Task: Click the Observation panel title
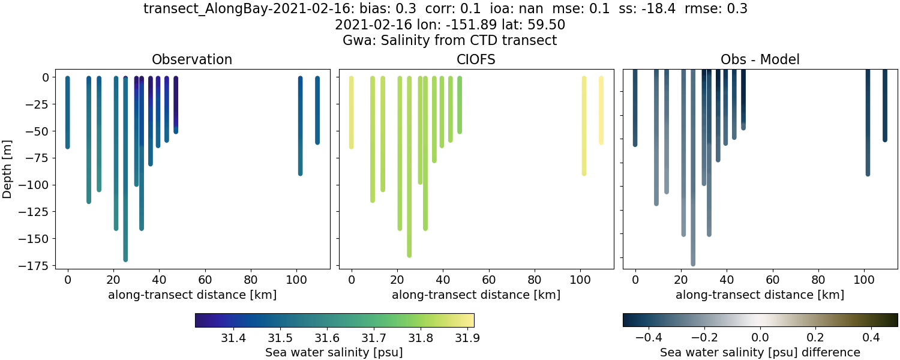(x=192, y=59)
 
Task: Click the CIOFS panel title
(x=476, y=59)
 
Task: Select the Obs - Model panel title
(x=760, y=59)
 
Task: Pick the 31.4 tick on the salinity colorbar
(x=233, y=338)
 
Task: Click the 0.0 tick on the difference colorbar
(x=760, y=338)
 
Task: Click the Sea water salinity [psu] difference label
(x=760, y=352)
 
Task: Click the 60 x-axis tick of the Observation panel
(x=205, y=279)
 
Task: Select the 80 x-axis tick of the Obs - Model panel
(x=818, y=279)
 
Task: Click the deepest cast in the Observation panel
(x=125, y=180)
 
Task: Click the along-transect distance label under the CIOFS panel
(x=476, y=295)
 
